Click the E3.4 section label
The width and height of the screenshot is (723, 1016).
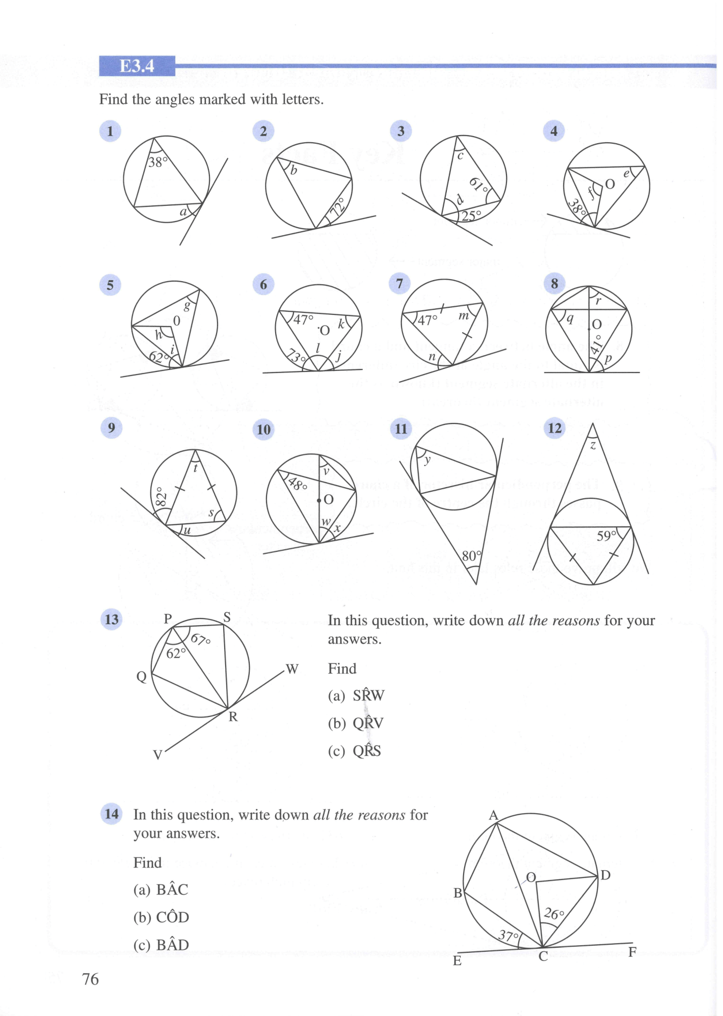[x=137, y=66]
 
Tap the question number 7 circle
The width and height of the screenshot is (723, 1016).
[x=399, y=284]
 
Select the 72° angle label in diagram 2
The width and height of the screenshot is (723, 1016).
[x=338, y=208]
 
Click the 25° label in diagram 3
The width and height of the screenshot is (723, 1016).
[x=471, y=216]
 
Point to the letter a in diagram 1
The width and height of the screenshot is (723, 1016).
[x=183, y=212]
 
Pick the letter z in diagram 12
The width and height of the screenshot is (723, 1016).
[x=593, y=445]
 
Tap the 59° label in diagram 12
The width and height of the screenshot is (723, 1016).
[x=607, y=536]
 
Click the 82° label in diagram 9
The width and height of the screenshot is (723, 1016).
[x=161, y=497]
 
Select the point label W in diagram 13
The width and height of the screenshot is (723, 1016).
[x=292, y=669]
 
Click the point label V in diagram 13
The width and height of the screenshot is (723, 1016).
[x=157, y=755]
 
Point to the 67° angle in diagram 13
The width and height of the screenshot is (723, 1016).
[x=200, y=639]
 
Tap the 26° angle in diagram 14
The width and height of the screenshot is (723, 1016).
[x=554, y=914]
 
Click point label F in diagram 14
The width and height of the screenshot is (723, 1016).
[x=632, y=952]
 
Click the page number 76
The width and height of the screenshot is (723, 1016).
[x=90, y=979]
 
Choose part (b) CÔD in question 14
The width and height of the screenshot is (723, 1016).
[x=161, y=917]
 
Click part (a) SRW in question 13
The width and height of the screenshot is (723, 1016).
[x=356, y=696]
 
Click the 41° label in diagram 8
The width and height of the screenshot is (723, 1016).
[x=596, y=344]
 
